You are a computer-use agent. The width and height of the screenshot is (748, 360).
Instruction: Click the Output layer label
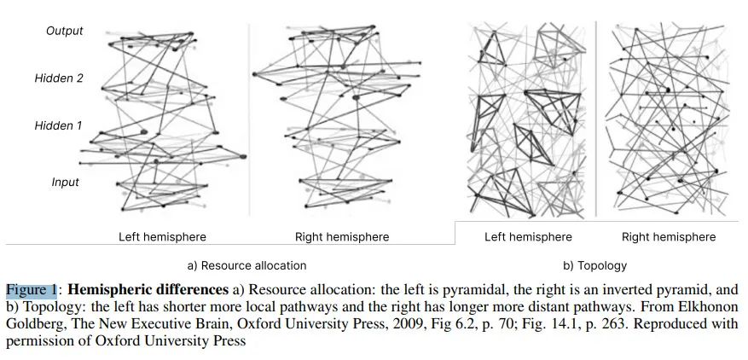[x=65, y=31]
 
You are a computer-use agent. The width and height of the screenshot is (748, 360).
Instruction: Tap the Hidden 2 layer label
[x=59, y=78]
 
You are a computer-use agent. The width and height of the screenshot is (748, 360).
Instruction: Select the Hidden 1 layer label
[x=58, y=126]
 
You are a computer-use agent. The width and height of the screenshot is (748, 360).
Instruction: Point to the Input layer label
[x=66, y=183]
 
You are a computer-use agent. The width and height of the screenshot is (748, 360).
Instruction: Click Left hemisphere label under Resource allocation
[x=163, y=237]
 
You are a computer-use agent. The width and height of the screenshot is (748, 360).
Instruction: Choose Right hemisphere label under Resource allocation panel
[x=342, y=237]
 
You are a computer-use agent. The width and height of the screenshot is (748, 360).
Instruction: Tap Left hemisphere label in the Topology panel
[x=528, y=237]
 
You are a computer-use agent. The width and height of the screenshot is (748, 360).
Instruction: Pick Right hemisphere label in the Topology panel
[x=669, y=237]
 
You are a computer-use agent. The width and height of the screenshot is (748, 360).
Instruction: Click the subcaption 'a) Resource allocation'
[x=246, y=265]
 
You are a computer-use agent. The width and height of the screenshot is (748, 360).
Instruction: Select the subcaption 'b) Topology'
[x=594, y=265]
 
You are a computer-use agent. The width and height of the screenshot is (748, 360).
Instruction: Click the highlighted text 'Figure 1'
[x=32, y=290]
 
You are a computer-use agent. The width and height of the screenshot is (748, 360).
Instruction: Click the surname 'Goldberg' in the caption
[x=36, y=324]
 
